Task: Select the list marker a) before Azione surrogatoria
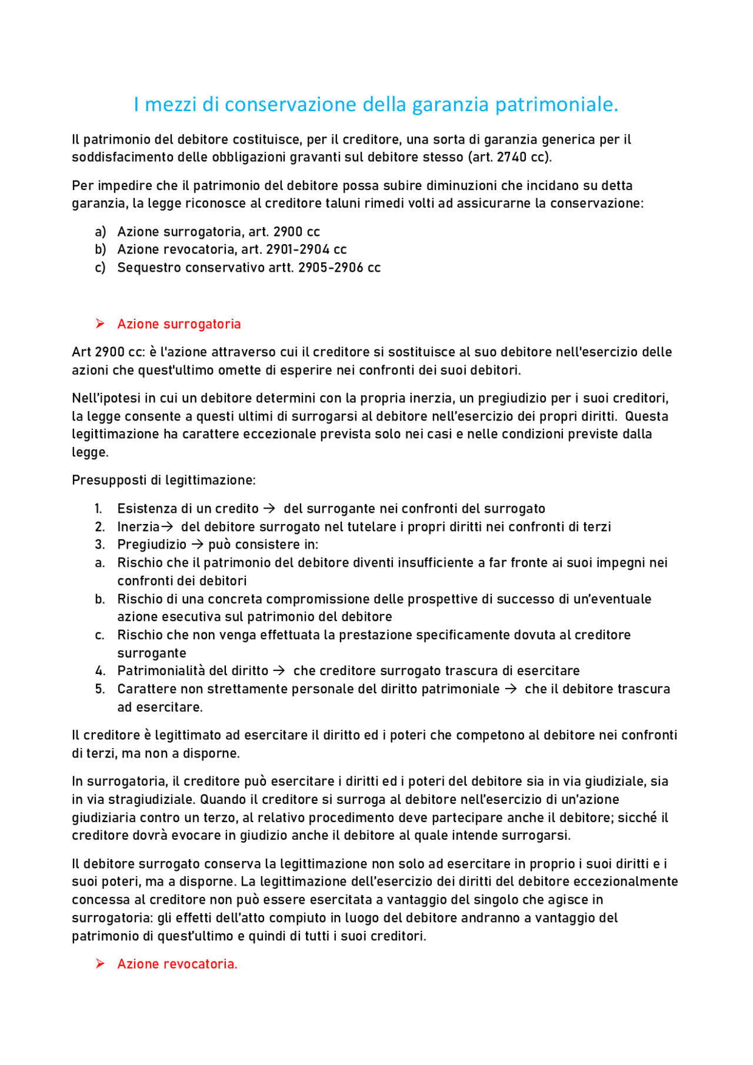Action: (x=101, y=232)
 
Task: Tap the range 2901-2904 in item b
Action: (x=298, y=249)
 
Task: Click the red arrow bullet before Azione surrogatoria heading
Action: (x=100, y=323)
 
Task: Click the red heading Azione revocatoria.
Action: (x=177, y=964)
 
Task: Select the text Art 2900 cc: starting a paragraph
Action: (x=108, y=352)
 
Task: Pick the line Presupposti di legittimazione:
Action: (x=164, y=480)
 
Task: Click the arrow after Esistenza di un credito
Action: (x=269, y=509)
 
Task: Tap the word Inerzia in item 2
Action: (x=138, y=527)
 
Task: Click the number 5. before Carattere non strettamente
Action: (x=100, y=689)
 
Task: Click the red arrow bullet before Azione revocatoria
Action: (x=100, y=964)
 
